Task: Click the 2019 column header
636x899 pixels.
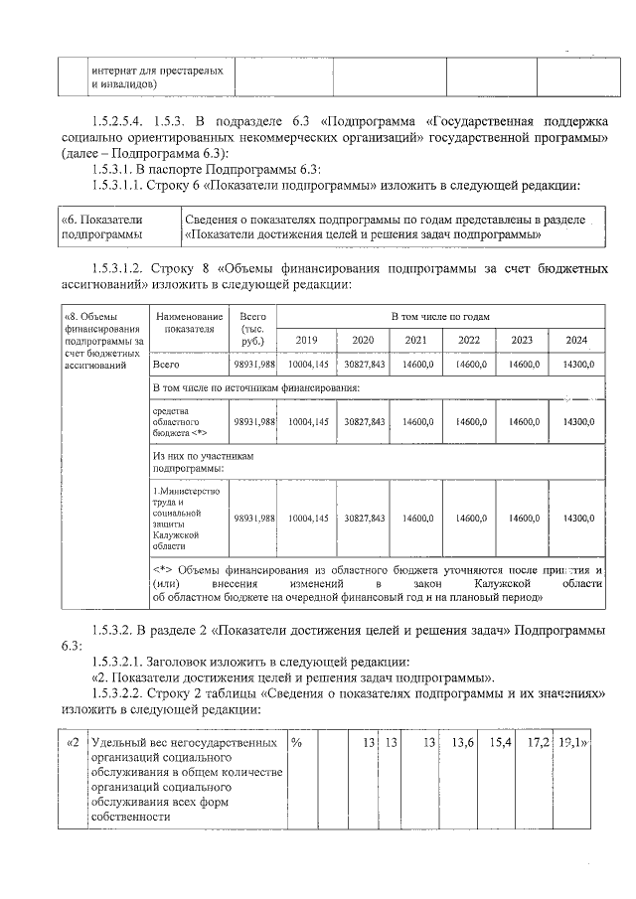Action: [x=307, y=341]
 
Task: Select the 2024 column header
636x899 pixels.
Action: [x=575, y=341]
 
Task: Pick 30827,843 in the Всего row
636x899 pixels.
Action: [x=364, y=366]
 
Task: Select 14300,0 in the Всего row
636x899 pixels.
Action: [x=577, y=366]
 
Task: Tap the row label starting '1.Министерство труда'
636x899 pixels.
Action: [x=180, y=518]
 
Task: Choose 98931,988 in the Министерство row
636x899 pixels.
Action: [x=253, y=519]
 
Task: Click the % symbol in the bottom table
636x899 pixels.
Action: [x=297, y=742]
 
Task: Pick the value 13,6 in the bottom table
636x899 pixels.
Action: [x=462, y=742]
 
